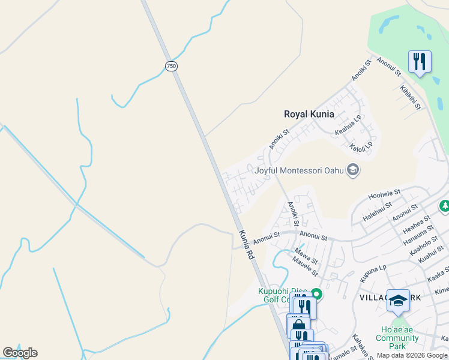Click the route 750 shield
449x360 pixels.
click(172, 66)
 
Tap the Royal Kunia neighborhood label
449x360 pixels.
click(309, 114)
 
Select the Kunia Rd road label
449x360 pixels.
click(247, 245)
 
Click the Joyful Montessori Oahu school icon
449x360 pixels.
click(354, 170)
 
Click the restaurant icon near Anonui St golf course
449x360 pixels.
click(419, 61)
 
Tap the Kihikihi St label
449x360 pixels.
click(411, 97)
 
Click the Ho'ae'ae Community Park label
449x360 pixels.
click(397, 338)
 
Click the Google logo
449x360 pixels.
click(20, 353)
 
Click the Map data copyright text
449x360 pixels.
click(412, 355)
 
